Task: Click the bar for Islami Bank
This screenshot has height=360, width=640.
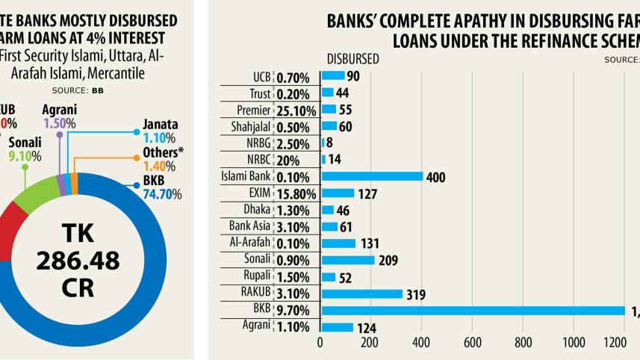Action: (371, 176)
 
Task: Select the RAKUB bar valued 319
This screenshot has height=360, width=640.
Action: (361, 294)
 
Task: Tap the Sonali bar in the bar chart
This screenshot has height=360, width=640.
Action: (347, 260)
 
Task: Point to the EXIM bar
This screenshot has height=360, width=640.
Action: (338, 193)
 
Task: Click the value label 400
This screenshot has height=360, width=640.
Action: (435, 177)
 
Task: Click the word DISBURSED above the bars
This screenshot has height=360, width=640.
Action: (352, 58)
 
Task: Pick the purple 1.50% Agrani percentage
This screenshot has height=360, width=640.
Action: (56, 122)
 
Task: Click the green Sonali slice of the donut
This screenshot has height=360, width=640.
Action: (37, 196)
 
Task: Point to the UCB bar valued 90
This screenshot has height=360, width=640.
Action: (333, 75)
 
